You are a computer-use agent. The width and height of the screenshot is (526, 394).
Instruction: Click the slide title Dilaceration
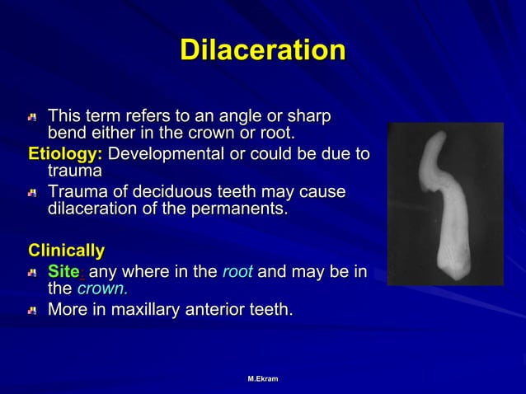tap(262, 50)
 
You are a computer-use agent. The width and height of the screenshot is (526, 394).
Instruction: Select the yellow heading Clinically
tap(67, 249)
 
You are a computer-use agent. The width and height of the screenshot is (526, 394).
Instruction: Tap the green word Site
tap(64, 271)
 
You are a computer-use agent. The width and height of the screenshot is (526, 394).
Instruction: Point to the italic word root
tap(237, 271)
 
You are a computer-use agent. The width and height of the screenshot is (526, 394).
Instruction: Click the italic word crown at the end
tap(102, 288)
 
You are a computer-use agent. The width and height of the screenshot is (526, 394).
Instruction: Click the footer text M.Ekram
tap(263, 378)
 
